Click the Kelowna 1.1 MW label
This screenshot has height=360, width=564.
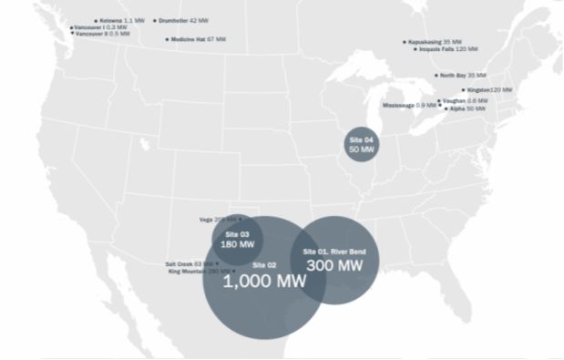coord(122,19)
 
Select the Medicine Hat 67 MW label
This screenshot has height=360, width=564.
coord(199,39)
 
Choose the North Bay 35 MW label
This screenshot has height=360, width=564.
coord(463,75)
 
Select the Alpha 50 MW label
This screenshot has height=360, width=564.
coord(467,108)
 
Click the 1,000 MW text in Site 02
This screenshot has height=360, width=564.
coord(264,281)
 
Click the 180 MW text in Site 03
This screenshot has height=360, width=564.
coord(237,244)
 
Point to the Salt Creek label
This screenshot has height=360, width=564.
coord(187,263)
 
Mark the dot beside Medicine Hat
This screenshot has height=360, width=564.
coord(167,39)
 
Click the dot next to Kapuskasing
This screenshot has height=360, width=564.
coord(405,41)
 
